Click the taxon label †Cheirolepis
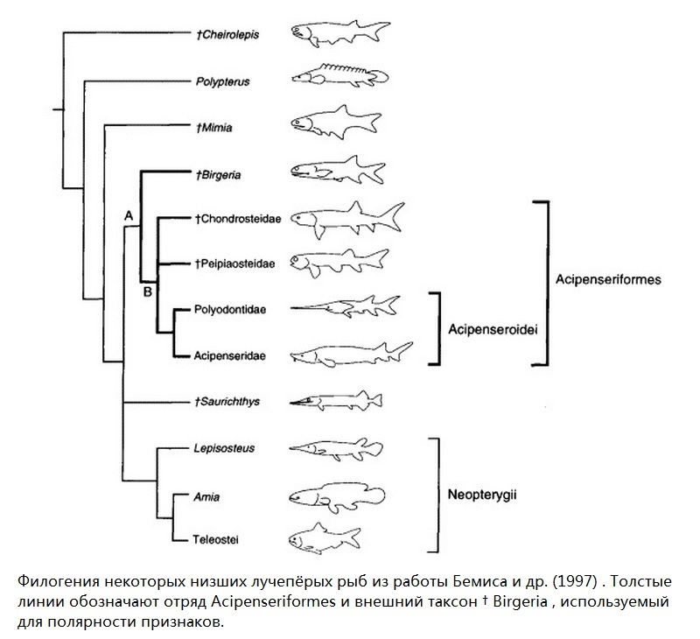(227, 35)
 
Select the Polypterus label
(223, 81)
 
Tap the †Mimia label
(213, 128)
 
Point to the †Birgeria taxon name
(218, 174)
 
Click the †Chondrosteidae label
(238, 219)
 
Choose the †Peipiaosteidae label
(234, 263)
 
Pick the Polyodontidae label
(230, 310)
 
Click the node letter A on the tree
(129, 216)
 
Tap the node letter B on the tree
(147, 292)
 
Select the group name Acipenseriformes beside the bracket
(608, 279)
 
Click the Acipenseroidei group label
(493, 329)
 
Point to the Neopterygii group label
(482, 495)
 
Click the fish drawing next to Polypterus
(340, 74)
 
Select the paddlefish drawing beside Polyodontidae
(345, 306)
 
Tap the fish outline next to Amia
(337, 497)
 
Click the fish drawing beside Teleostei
(325, 538)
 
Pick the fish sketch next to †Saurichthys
(336, 400)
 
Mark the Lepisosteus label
(224, 448)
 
